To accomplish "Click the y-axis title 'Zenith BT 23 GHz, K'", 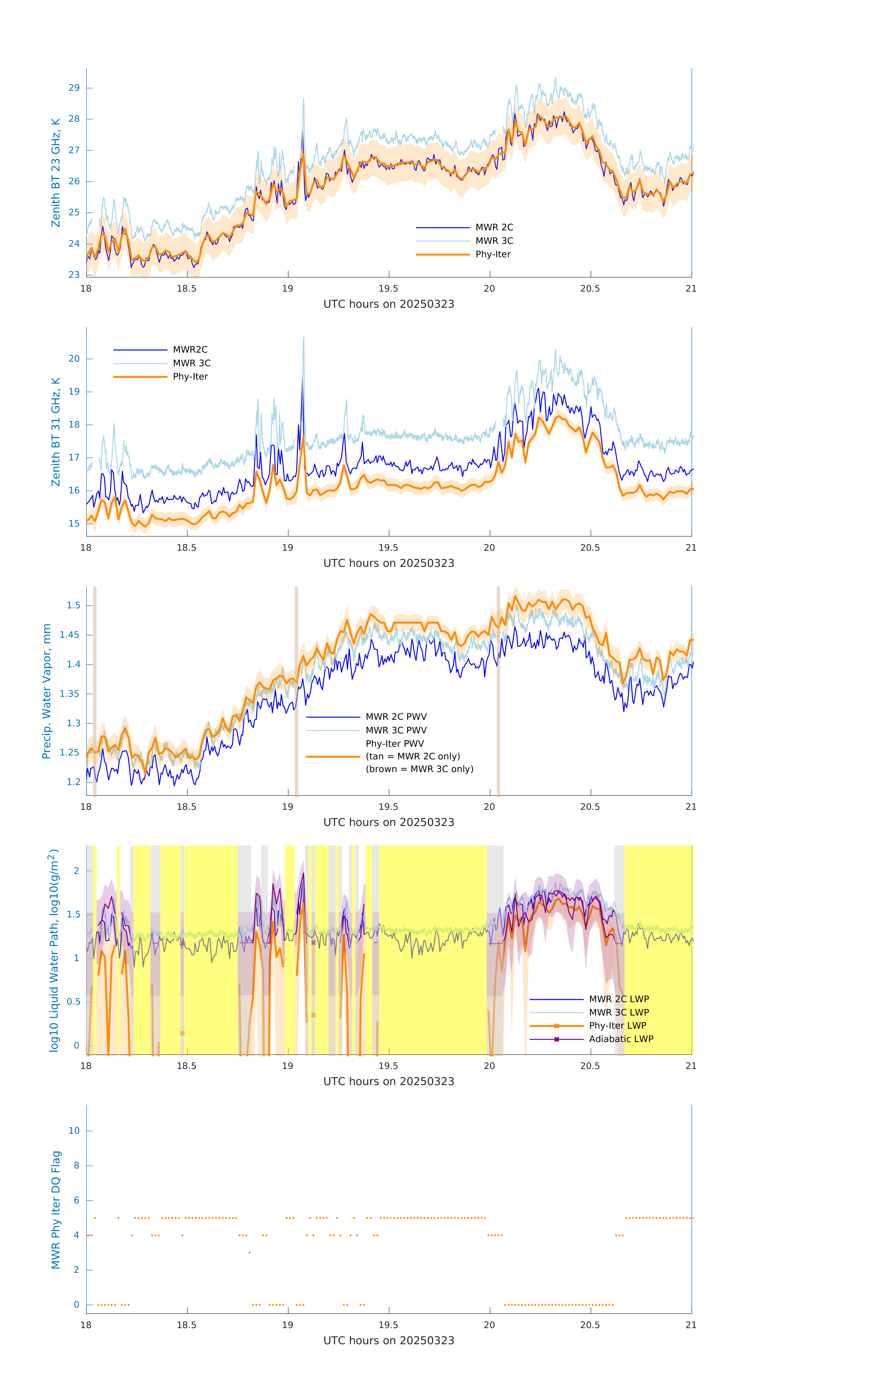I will tap(56, 173).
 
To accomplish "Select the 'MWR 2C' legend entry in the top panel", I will tap(494, 227).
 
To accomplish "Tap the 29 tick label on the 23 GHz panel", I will tap(74, 88).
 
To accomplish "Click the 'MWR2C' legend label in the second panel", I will tap(190, 349).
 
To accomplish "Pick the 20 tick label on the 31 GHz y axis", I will tap(74, 359).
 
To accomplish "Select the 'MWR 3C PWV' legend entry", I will tap(396, 730).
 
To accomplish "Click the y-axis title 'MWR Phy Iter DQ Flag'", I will tap(56, 1209).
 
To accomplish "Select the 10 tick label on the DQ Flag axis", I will tap(74, 1131).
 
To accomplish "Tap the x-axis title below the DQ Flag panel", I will tap(389, 1341).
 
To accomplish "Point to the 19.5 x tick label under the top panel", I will tap(389, 289).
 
